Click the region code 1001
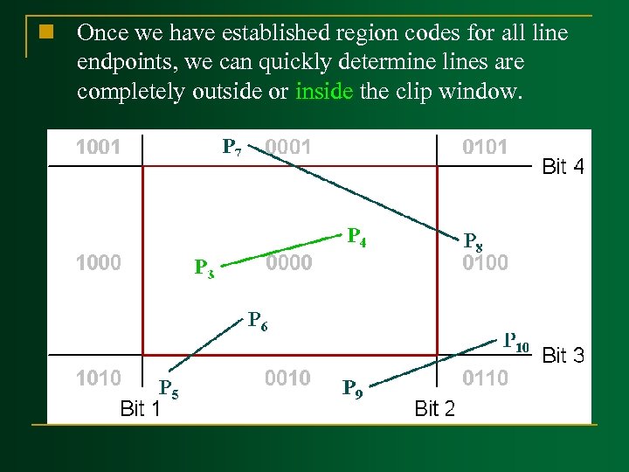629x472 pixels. point(98,147)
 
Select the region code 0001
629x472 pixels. point(287,147)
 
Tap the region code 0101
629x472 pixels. point(485,147)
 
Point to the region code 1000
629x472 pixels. point(98,261)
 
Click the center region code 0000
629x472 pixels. point(287,261)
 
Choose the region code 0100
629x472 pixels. point(485,262)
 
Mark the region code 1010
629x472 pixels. point(98,378)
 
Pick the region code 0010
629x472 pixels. point(287,378)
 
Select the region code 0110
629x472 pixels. point(485,378)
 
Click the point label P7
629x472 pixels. point(232,146)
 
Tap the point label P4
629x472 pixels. point(356,236)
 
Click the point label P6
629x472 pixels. point(257,321)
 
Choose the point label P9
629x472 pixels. point(352,387)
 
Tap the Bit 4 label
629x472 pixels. point(563,166)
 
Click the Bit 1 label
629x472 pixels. point(140,407)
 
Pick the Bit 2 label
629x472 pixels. point(434,407)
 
